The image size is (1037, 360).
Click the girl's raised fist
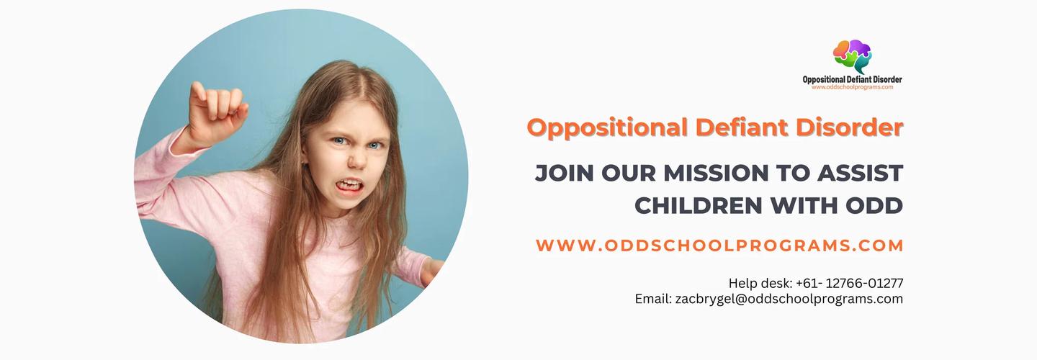click(x=217, y=112)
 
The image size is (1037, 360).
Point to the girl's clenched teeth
click(x=349, y=185)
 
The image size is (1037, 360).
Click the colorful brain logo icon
click(x=853, y=56)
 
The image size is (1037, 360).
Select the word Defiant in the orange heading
click(x=742, y=127)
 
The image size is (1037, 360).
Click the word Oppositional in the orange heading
click(x=607, y=128)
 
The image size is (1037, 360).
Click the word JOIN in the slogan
click(x=565, y=173)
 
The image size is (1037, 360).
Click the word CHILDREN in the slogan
click(x=698, y=206)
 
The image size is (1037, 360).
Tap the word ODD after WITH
click(x=874, y=206)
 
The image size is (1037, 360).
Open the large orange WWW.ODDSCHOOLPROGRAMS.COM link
click(x=719, y=246)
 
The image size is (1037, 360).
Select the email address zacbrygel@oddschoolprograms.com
click(x=789, y=299)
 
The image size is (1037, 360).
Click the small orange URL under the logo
click(x=853, y=87)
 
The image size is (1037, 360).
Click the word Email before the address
click(x=652, y=299)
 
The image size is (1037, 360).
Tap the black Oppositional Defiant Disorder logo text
click(x=853, y=80)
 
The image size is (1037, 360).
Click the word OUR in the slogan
click(x=629, y=173)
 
